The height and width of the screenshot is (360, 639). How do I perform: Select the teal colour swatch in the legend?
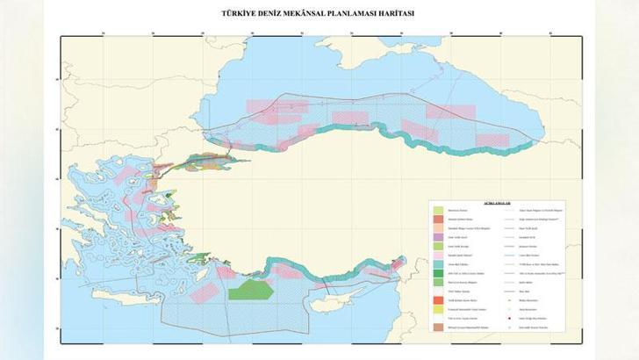(x=437, y=263)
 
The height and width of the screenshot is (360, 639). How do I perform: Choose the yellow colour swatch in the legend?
(x=437, y=311)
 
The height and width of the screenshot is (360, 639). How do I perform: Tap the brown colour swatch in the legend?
(x=437, y=327)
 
